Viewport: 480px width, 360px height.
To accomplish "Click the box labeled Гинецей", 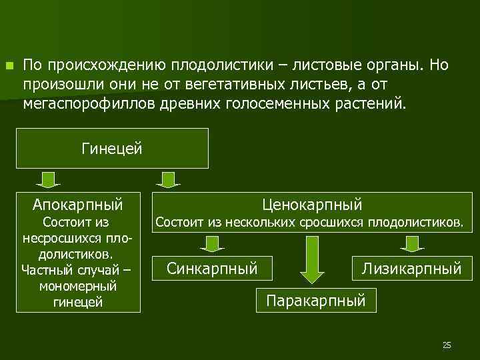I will point(111,148).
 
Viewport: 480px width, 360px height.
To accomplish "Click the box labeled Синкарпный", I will point(212,269).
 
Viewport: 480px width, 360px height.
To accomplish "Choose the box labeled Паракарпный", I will point(316,301).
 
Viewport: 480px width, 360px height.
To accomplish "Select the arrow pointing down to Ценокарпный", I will point(169,179).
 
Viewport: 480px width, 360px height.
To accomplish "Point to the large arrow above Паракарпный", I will point(311,260).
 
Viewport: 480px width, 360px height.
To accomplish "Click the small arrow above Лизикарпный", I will point(412,244).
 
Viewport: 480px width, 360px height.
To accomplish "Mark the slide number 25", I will point(447,345).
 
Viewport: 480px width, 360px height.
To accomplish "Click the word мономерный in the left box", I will point(78,286).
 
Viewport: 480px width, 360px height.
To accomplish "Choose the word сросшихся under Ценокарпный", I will point(316,221).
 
